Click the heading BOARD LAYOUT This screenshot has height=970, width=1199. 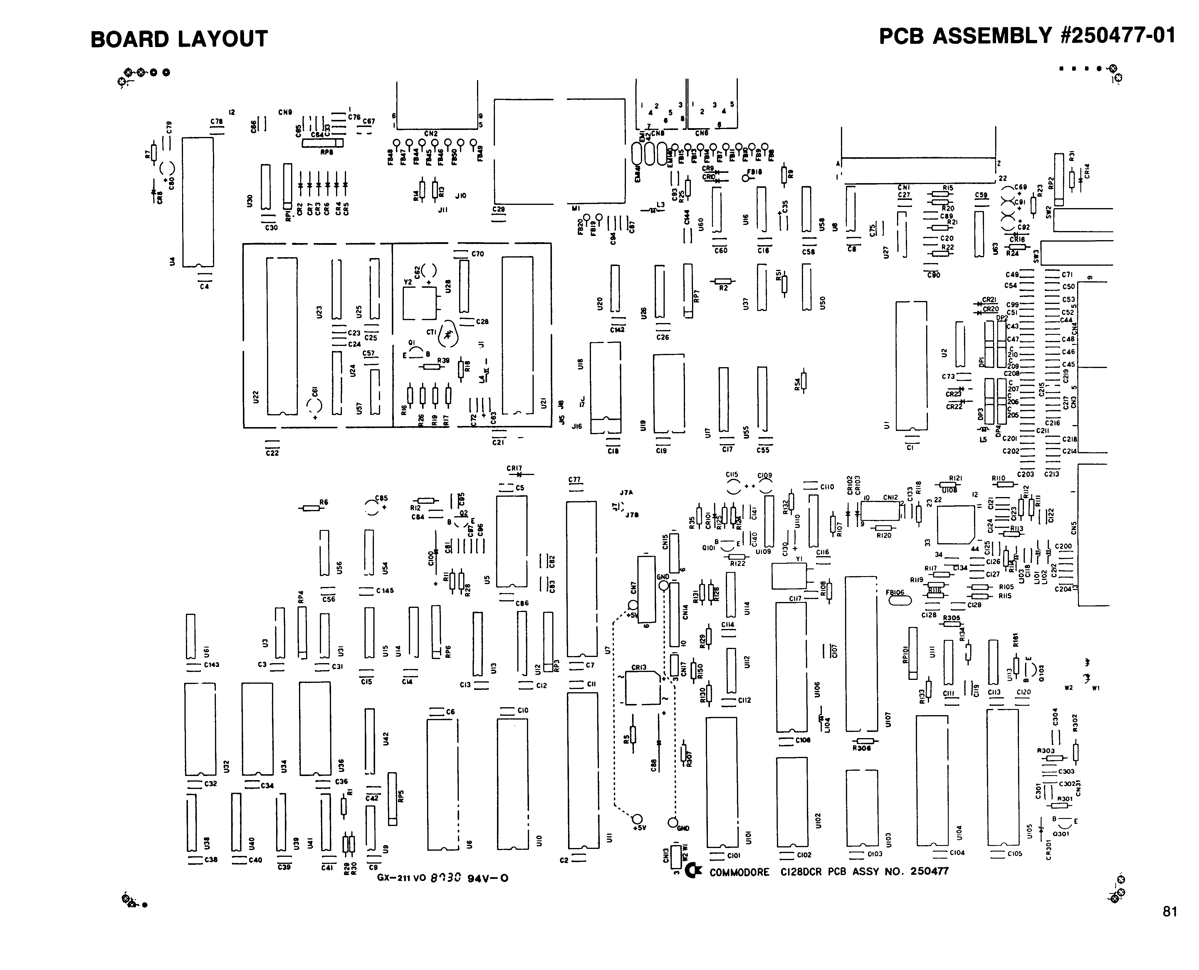pyautogui.click(x=179, y=39)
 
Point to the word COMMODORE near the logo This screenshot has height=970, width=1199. pyautogui.click(x=739, y=872)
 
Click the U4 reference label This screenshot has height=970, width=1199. pyautogui.click(x=172, y=261)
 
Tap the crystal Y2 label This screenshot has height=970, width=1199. pyautogui.click(x=408, y=282)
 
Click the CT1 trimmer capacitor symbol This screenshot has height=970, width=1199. pyautogui.click(x=448, y=335)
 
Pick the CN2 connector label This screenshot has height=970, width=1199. pyautogui.click(x=431, y=133)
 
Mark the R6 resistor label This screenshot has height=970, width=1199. pyautogui.click(x=324, y=502)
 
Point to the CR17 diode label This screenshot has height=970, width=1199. pyautogui.click(x=514, y=468)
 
